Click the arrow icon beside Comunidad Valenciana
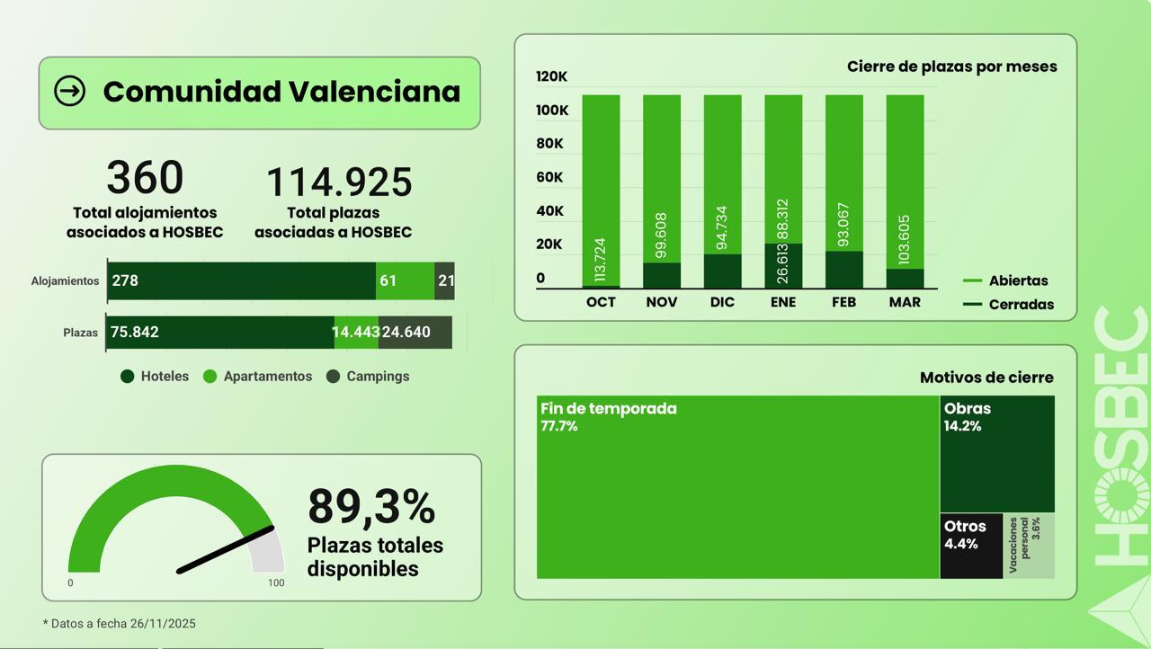point(70,91)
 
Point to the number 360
point(145,177)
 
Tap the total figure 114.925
point(339,182)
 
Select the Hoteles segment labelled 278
point(241,280)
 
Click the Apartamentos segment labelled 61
point(405,280)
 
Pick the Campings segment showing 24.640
point(415,332)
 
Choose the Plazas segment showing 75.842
point(220,332)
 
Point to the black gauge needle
point(226,549)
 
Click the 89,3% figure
point(371,506)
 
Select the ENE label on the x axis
point(783,302)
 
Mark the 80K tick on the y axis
point(550,144)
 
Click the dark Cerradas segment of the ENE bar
point(783,266)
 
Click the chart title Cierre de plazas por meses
point(951,67)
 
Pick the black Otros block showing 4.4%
point(971,546)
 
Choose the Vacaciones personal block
point(1029,546)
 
